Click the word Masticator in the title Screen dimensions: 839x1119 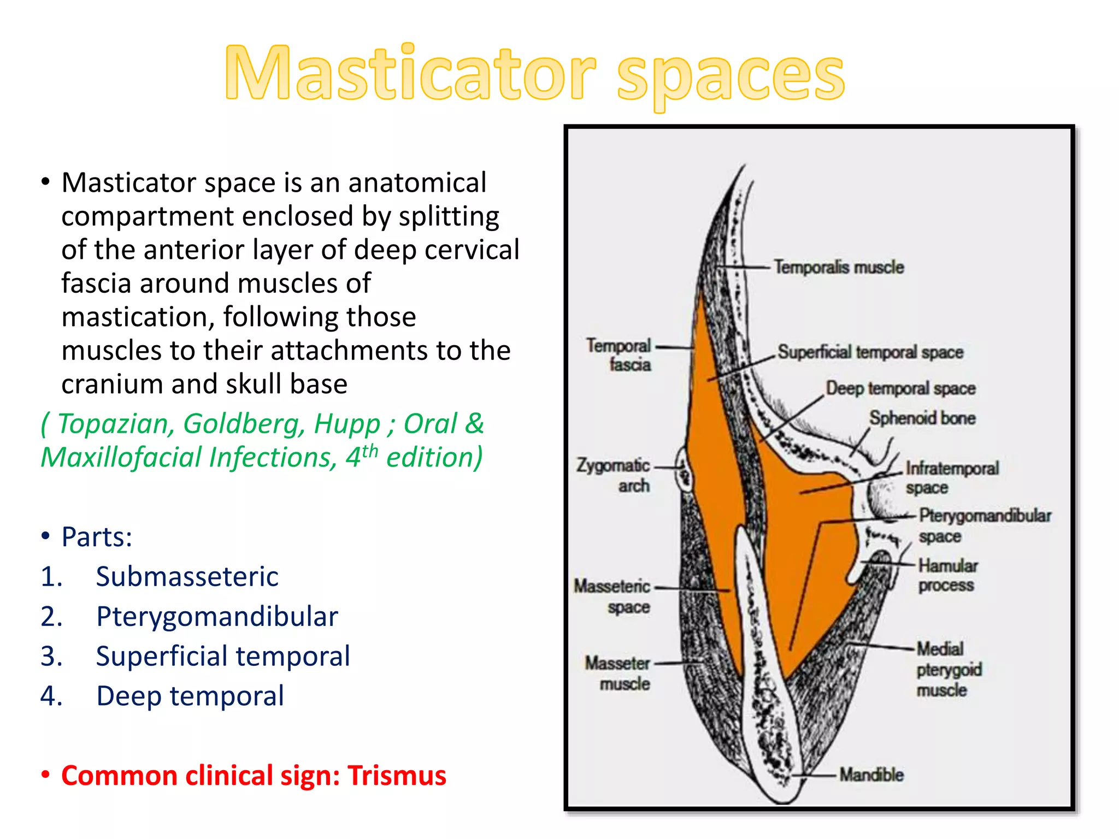[410, 74]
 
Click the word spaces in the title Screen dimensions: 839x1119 [731, 76]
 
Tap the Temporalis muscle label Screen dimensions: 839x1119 [839, 267]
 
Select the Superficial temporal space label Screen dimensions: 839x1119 [870, 352]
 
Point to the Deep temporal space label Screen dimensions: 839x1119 [900, 388]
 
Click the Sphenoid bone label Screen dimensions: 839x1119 [922, 418]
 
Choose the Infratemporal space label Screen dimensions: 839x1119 [951, 477]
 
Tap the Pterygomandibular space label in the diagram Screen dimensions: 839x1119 [984, 525]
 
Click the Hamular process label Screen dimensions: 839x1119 [947, 575]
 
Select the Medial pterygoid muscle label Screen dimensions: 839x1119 [949, 669]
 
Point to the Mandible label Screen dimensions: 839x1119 [871, 775]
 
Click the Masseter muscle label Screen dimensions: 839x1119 [617, 673]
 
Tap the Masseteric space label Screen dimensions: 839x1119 [612, 596]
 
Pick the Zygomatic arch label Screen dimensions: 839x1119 [613, 475]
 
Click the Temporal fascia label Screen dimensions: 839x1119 [619, 355]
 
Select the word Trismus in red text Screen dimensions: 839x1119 [397, 776]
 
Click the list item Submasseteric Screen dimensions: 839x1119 [187, 577]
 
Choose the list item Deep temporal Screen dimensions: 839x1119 [190, 696]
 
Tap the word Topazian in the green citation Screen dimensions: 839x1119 [116, 424]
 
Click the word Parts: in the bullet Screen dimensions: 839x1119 [97, 537]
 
